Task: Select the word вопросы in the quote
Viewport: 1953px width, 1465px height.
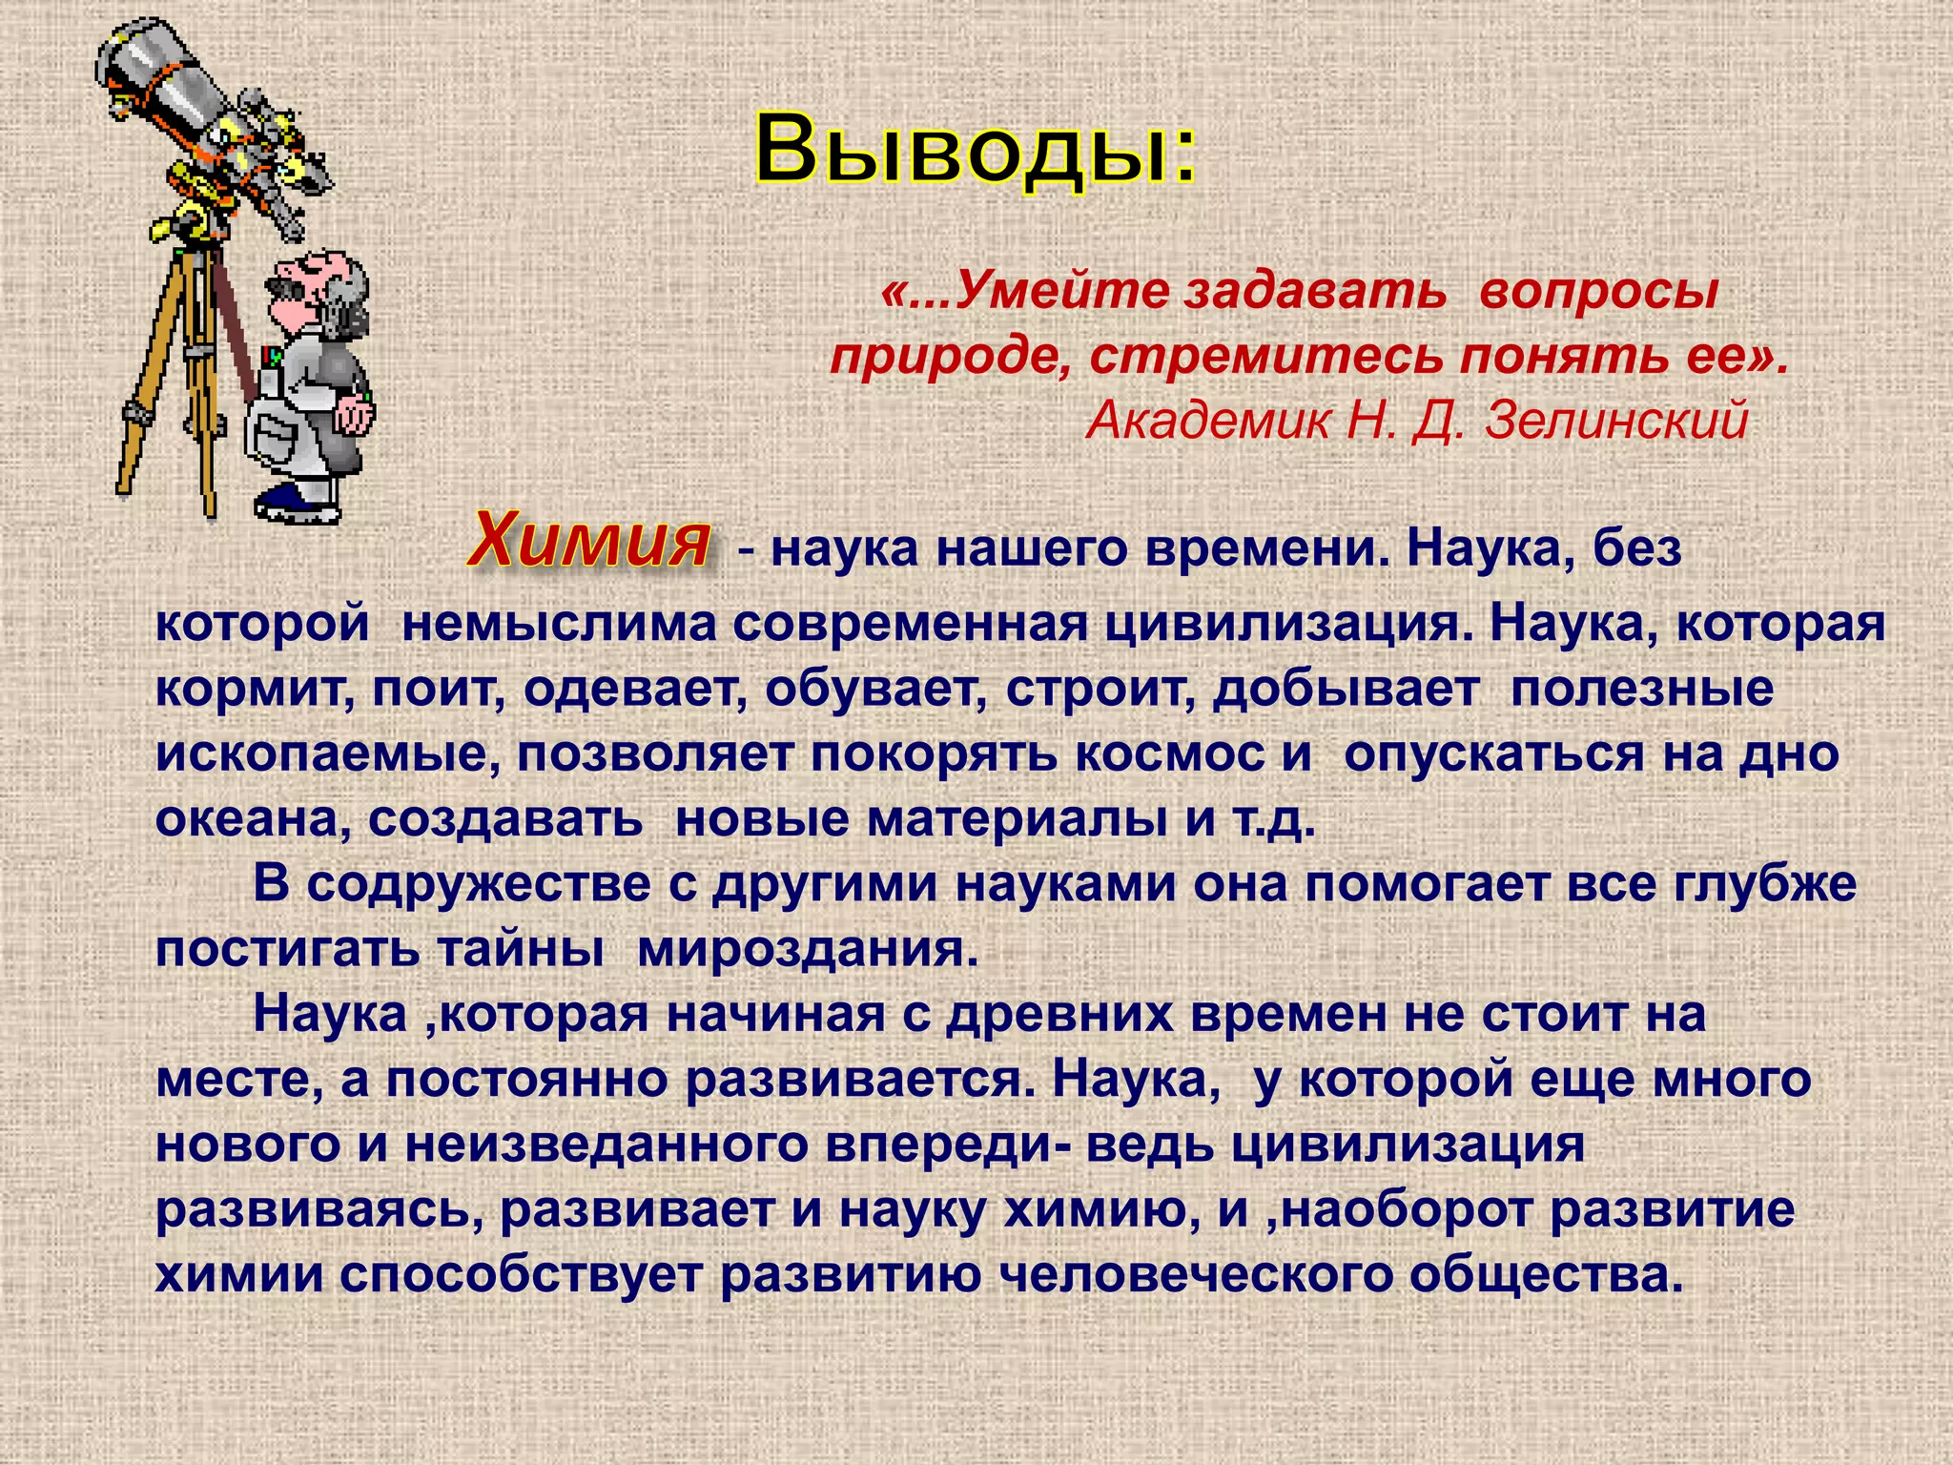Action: pos(1598,290)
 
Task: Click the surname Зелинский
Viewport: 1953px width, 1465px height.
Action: pos(1616,420)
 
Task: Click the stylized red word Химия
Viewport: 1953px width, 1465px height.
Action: pos(589,542)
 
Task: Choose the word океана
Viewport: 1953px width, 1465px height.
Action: pos(252,819)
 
